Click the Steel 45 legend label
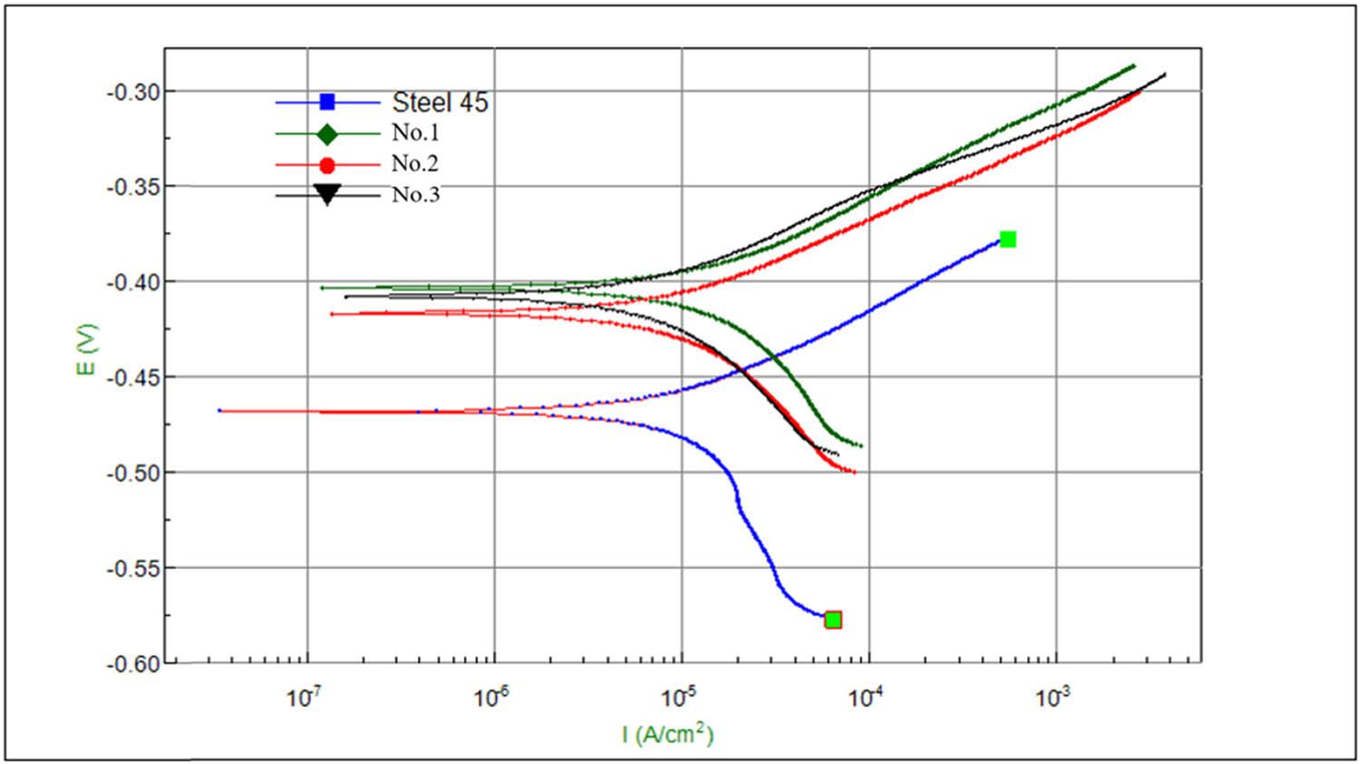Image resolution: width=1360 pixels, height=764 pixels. point(440,103)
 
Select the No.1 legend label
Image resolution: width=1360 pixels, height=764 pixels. point(415,132)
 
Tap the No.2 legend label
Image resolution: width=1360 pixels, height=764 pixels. point(415,163)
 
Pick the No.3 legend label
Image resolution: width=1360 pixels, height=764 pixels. point(415,194)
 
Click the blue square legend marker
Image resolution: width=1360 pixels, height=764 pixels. point(327,103)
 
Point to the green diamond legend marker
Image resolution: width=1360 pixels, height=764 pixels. point(327,134)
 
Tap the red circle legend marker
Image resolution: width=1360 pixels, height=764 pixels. point(327,165)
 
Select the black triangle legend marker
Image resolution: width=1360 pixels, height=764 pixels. point(327,195)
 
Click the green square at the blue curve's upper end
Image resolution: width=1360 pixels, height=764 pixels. point(1007,240)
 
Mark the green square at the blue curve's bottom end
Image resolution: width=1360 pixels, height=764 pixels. point(833,620)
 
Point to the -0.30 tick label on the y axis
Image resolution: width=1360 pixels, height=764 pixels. point(133,92)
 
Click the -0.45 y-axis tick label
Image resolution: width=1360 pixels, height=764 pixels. point(133,377)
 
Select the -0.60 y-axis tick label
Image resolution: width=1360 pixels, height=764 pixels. point(133,664)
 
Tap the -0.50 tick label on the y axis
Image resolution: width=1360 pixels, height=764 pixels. point(133,473)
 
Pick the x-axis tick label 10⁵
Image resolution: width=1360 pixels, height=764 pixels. point(679,697)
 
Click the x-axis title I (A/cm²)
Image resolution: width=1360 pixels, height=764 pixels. point(668,733)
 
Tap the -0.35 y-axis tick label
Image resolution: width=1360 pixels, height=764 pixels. point(133,187)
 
